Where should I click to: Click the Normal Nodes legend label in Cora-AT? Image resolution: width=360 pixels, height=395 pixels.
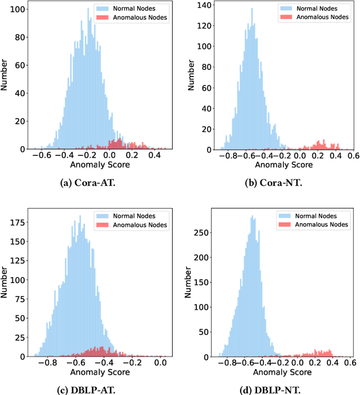tap(135, 10)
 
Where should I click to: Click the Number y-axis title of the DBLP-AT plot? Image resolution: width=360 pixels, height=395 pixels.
tap(4, 284)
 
